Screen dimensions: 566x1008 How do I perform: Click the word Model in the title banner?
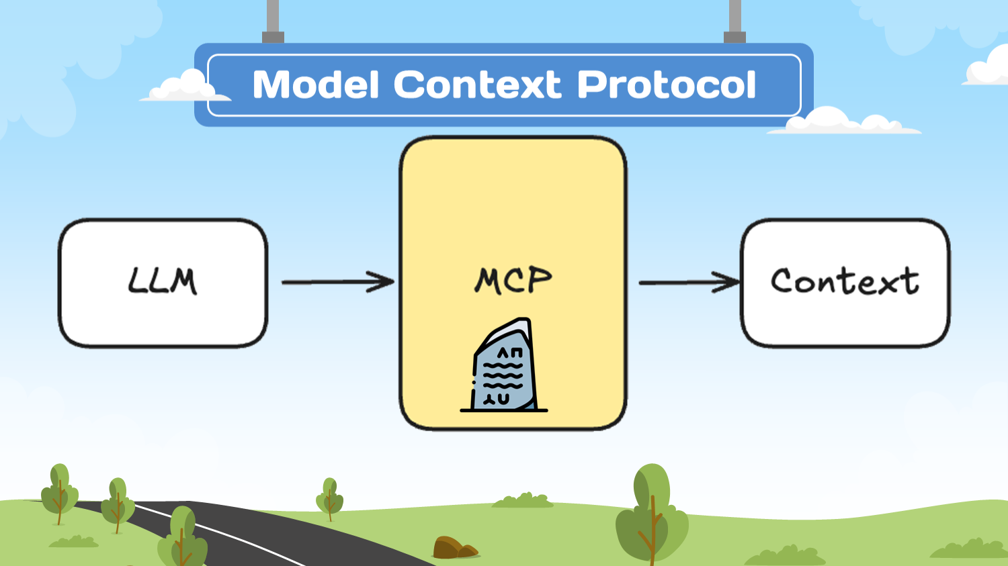click(x=316, y=85)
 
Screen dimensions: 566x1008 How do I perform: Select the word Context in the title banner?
click(x=477, y=85)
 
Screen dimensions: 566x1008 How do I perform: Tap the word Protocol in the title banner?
click(x=667, y=85)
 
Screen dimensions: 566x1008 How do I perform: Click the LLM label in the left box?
click(x=163, y=281)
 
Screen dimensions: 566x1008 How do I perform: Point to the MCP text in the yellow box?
click(x=513, y=281)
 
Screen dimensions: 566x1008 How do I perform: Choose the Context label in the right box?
click(x=845, y=281)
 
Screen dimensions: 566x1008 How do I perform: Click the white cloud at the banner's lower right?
click(x=840, y=122)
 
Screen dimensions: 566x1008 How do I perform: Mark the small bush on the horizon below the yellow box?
click(x=523, y=501)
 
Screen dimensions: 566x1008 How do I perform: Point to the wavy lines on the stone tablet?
click(x=503, y=376)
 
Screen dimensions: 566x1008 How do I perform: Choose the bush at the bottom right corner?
click(x=968, y=549)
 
